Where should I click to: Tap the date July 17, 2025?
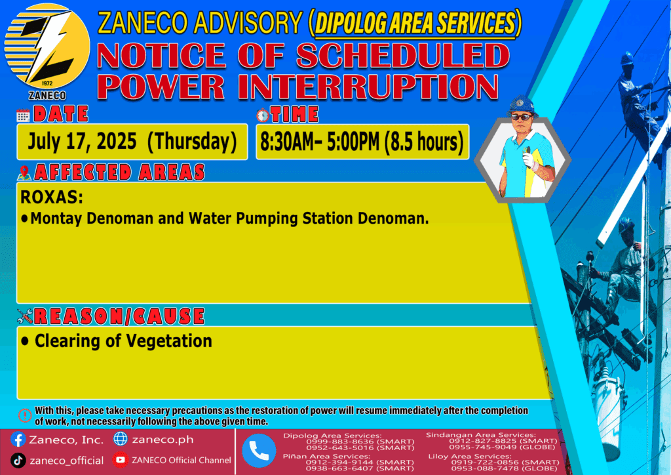pos(82,141)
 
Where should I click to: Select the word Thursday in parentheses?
pos(192,142)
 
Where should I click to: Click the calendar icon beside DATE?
pos(23,115)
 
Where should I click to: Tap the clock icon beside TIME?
pos(263,115)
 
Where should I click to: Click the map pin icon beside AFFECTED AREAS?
pos(24,173)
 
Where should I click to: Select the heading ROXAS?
pos(52,197)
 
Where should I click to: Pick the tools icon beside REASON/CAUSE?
pos(25,316)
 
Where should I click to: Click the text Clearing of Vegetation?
pos(123,341)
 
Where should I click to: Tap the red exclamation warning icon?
pos(25,415)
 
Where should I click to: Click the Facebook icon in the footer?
pos(18,440)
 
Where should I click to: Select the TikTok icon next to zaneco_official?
pos(18,461)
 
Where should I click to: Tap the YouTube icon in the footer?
pos(121,460)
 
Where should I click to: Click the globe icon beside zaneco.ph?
pos(121,439)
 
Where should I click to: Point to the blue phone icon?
pos(259,451)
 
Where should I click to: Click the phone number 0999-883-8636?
pos(339,441)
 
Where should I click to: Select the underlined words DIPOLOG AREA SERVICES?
pos(415,23)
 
